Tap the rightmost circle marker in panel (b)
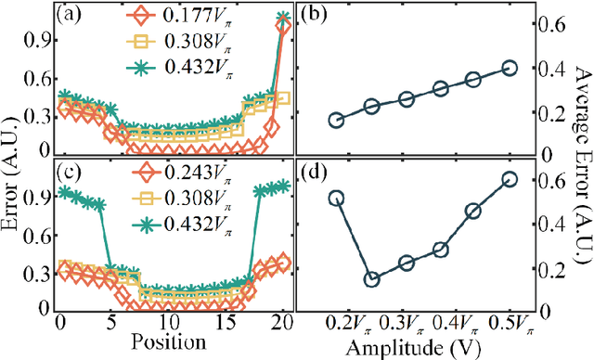tap(509, 68)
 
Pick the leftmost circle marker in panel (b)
tap(336, 120)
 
